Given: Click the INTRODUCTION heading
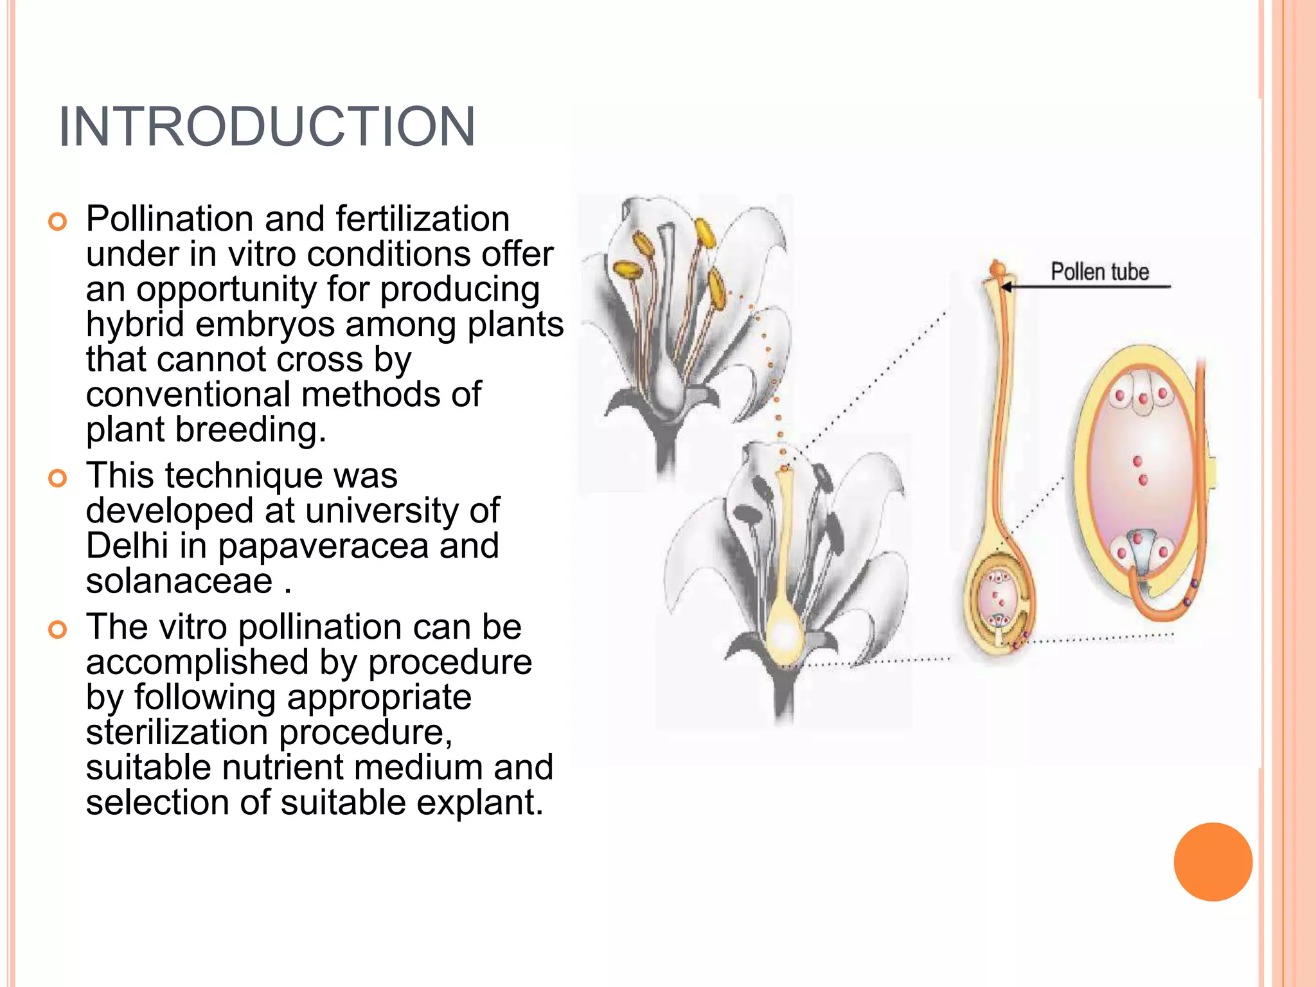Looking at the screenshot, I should (267, 127).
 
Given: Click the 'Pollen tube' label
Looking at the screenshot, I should (1099, 272).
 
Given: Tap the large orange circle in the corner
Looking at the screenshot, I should (1213, 862).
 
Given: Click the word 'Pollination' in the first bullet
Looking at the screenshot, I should (170, 219).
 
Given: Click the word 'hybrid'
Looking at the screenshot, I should (135, 324).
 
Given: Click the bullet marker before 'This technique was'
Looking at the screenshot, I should (57, 479).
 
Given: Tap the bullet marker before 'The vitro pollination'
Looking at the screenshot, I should (57, 630).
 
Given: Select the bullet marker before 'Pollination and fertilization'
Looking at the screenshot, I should (57, 222).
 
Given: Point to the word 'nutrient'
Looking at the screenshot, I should (283, 767).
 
